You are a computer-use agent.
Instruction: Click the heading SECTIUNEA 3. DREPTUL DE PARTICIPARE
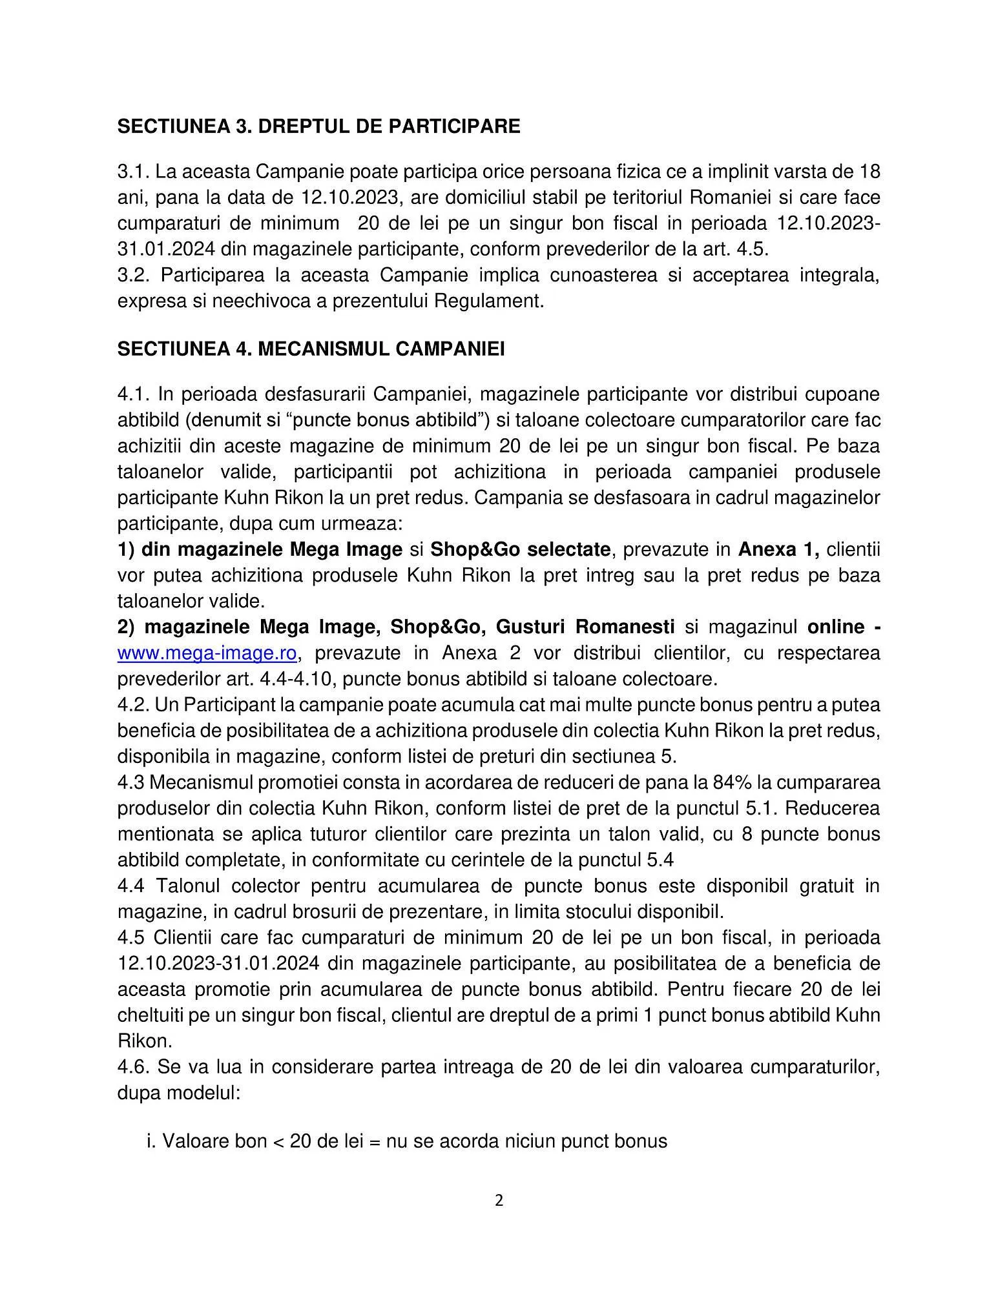[318, 126]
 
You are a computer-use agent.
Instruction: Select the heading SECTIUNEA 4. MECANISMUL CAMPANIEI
[311, 349]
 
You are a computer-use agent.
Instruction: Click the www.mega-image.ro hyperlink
[207, 653]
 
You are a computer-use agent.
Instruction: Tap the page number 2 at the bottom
[499, 1201]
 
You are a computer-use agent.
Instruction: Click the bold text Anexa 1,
[778, 549]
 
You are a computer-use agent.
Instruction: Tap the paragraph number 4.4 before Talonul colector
[132, 886]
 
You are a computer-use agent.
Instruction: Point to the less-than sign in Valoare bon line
[278, 1142]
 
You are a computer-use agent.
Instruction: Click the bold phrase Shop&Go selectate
[520, 549]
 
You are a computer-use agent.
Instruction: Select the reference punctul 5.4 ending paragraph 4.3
[625, 860]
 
